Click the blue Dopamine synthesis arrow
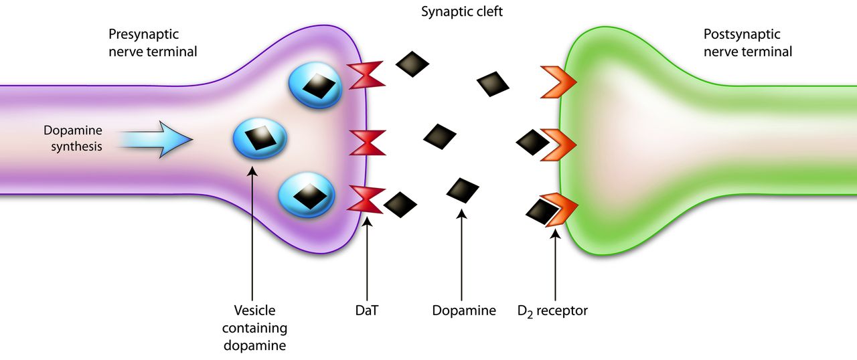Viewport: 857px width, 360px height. pos(154,140)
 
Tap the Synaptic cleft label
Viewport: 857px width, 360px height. pos(462,12)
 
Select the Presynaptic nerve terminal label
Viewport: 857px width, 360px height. pos(153,43)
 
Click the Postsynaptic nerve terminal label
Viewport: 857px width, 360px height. pos(748,43)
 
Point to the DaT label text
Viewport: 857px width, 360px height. pos(366,310)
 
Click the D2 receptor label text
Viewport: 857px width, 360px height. pos(552,310)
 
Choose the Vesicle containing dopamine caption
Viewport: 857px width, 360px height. pos(255,328)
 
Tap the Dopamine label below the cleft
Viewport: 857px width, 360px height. pos(464,310)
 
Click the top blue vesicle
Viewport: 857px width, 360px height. pos(315,85)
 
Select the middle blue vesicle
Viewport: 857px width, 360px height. pos(260,139)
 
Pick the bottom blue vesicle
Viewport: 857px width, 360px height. pos(307,195)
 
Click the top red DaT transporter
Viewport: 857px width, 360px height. pos(366,75)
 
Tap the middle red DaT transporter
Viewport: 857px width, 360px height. pos(368,143)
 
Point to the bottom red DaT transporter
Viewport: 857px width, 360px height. pos(366,199)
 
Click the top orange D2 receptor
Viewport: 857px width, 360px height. pos(558,82)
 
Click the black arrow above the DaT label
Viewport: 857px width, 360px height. pos(367,259)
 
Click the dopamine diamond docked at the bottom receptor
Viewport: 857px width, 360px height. pos(542,211)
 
